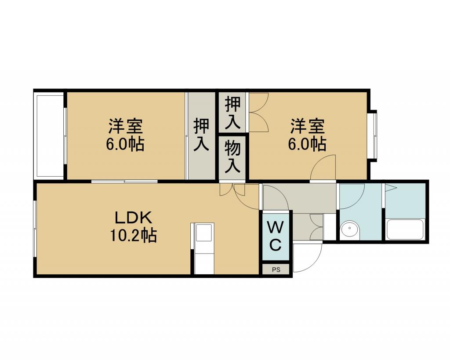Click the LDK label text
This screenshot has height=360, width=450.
(133, 218)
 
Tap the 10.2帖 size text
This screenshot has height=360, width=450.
(133, 236)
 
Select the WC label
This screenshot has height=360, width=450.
(275, 236)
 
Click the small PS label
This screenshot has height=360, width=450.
(276, 270)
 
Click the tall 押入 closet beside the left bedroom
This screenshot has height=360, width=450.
(201, 135)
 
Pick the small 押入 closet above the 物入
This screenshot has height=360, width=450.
(232, 112)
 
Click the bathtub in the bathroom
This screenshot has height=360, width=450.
(405, 229)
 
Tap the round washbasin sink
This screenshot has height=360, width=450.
(349, 229)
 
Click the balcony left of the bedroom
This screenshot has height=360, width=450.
(49, 135)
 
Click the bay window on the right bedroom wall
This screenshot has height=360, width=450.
(374, 135)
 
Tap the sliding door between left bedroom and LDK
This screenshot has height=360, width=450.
(124, 181)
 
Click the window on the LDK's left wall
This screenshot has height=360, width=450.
(35, 229)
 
